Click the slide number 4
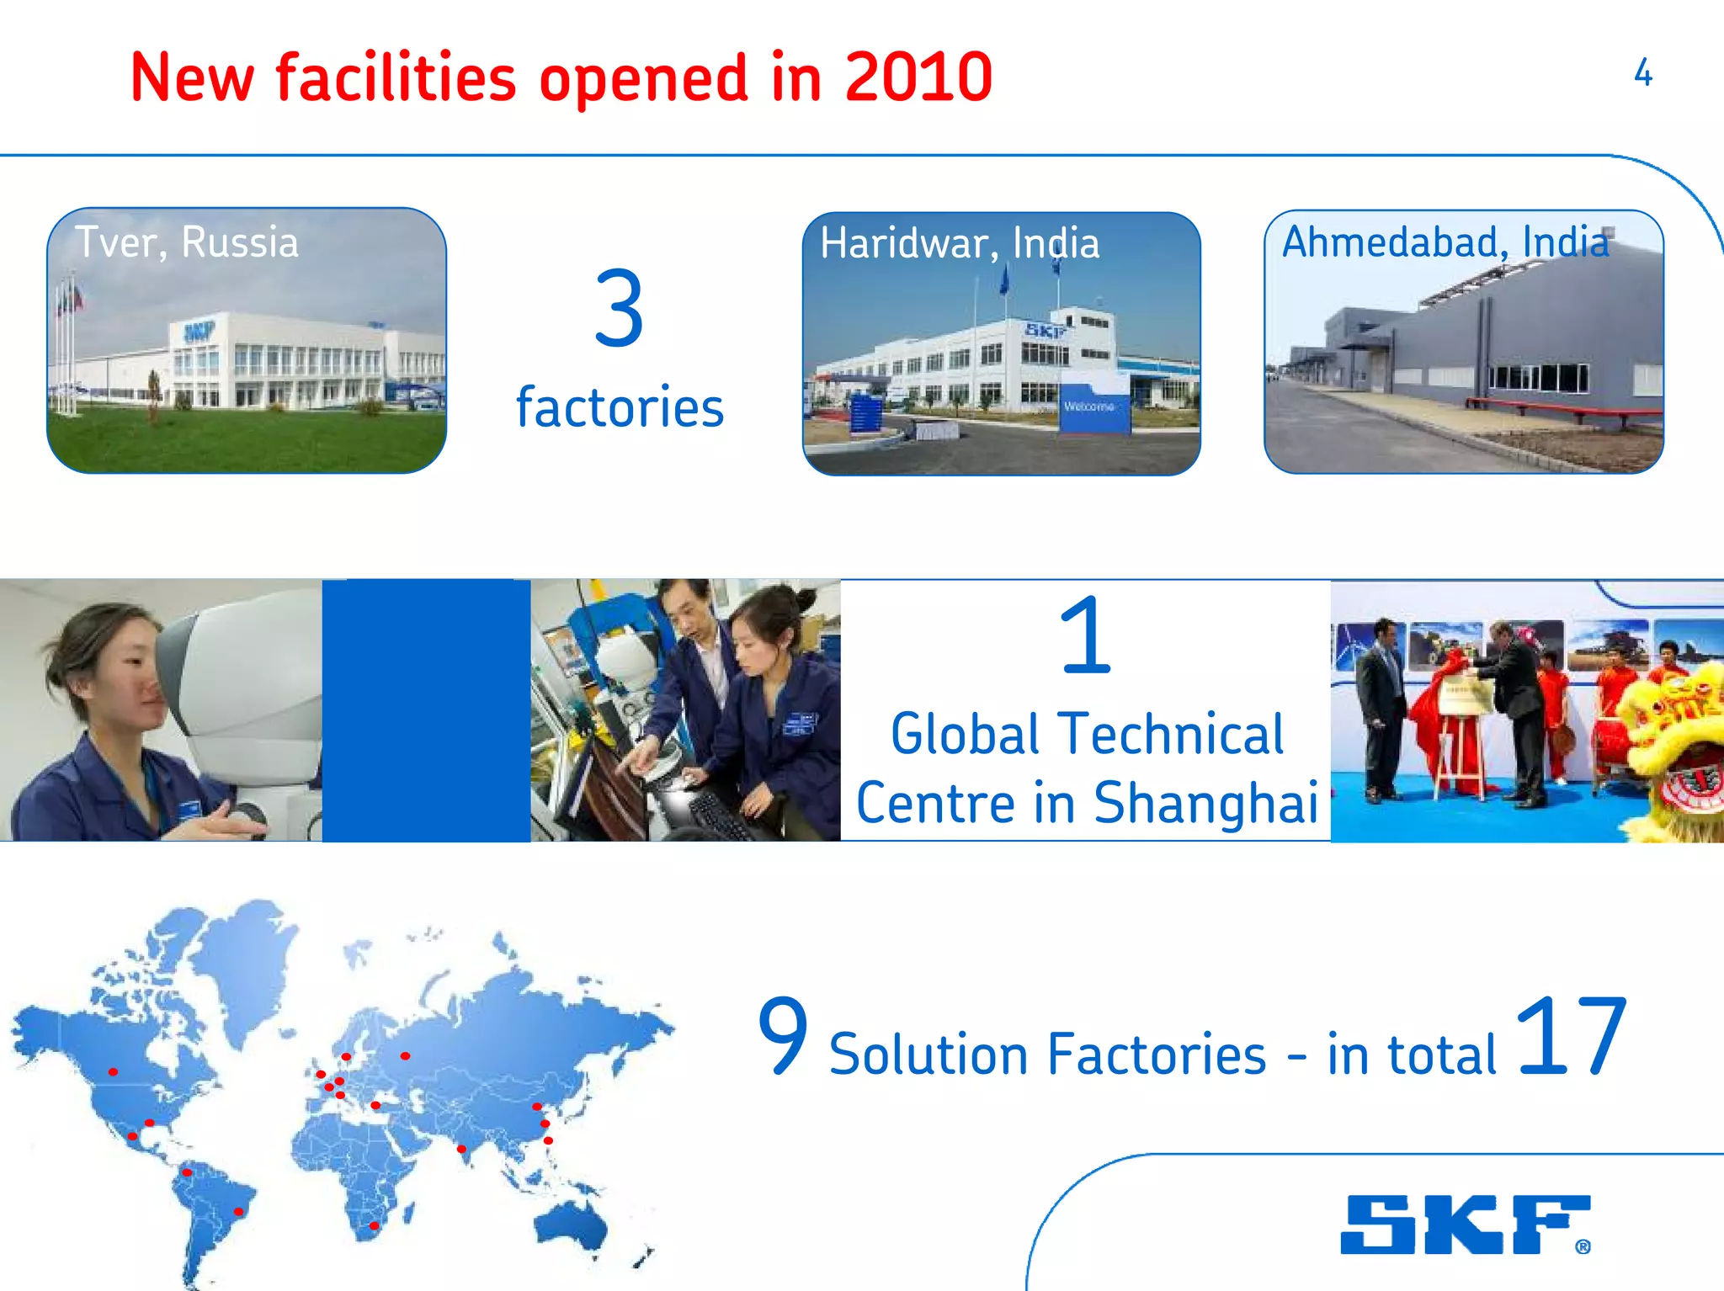click(1642, 73)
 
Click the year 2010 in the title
click(918, 77)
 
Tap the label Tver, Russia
click(187, 242)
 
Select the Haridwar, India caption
click(960, 243)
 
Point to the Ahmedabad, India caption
click(1445, 242)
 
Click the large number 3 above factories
click(619, 308)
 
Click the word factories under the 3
click(620, 408)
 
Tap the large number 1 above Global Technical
click(1085, 636)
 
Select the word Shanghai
click(1205, 802)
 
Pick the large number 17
click(1571, 1036)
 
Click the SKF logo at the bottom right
click(1465, 1225)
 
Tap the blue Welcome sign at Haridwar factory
click(1092, 407)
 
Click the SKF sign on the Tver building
click(200, 332)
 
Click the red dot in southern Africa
click(374, 1225)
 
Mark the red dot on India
click(461, 1149)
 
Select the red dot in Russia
click(405, 1055)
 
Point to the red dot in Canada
click(113, 1071)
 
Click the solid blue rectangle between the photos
click(426, 709)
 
